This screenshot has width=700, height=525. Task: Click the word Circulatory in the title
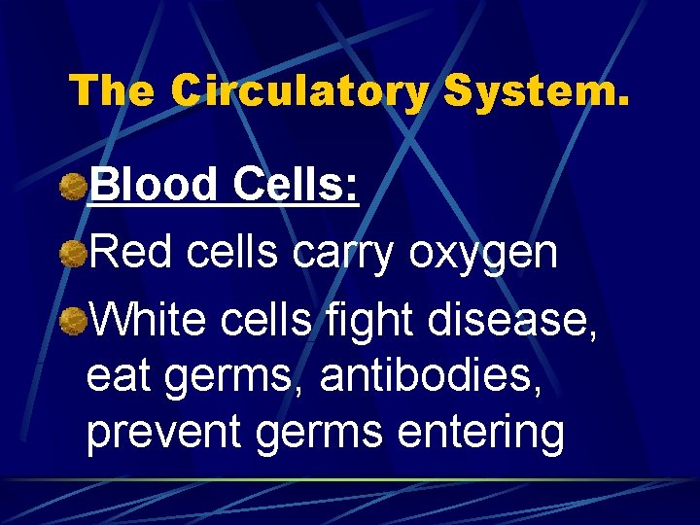tap(299, 91)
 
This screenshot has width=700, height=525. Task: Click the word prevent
tap(163, 435)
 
